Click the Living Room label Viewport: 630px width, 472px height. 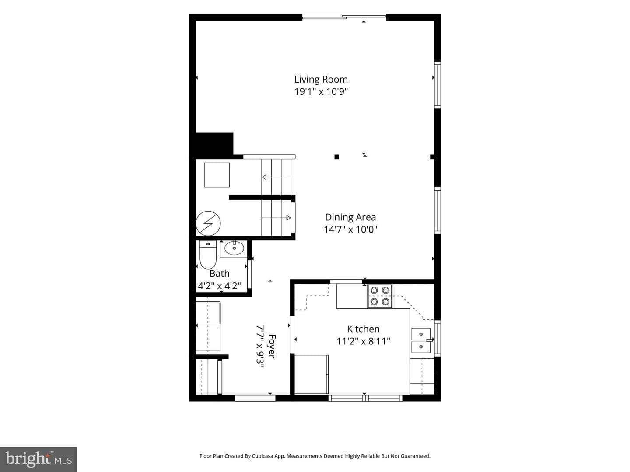(321, 79)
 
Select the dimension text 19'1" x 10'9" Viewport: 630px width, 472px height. (321, 92)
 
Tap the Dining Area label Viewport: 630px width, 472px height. (350, 217)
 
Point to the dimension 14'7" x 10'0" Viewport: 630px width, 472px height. (350, 229)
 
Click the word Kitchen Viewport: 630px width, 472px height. (363, 329)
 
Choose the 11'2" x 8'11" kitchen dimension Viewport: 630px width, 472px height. (363, 341)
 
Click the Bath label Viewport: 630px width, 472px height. (219, 274)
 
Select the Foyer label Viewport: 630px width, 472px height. (272, 346)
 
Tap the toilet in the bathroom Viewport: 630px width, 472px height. (208, 254)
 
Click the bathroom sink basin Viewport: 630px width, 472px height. (234, 248)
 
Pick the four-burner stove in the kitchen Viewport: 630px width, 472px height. (380, 296)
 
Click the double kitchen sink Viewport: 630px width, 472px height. (421, 340)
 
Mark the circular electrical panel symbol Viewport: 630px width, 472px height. (208, 223)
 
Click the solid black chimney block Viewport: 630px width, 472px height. (214, 144)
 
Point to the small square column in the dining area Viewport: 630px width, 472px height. (337, 157)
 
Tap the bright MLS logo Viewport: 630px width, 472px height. (38, 459)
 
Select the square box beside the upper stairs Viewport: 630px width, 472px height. (217, 175)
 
